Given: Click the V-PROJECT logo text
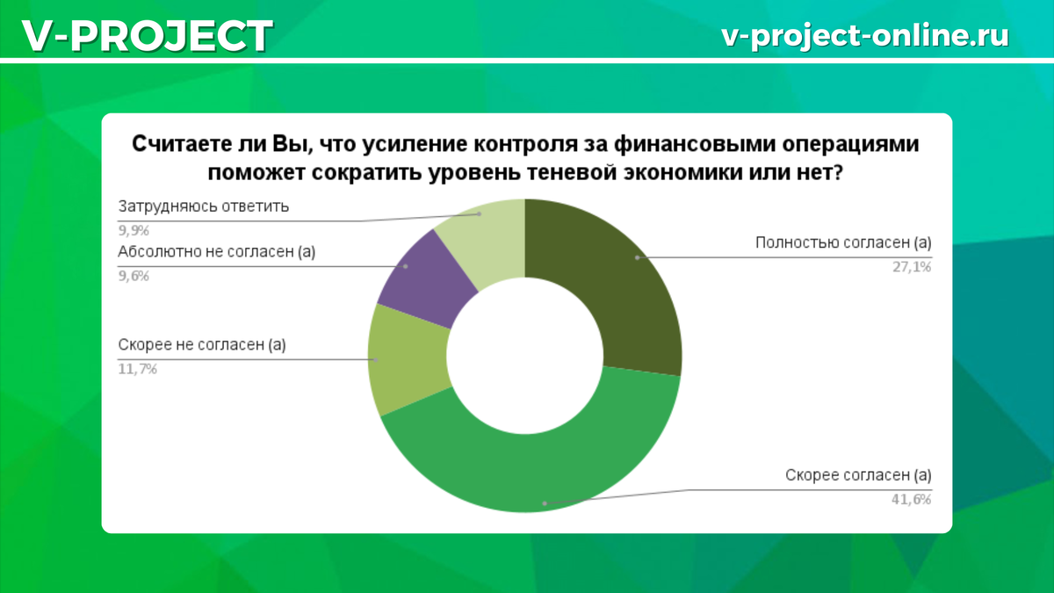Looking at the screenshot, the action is [x=148, y=36].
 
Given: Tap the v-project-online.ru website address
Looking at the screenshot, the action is [x=865, y=36].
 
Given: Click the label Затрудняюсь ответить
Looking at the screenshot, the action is [x=203, y=206].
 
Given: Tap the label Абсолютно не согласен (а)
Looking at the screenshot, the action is [x=216, y=252].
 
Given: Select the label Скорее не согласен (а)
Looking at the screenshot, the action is [x=202, y=345].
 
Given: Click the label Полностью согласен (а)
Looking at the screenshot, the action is [x=843, y=242].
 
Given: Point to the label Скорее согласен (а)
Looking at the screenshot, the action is [x=858, y=475].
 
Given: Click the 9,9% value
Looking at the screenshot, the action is [x=134, y=230].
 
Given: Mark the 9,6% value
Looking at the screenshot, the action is [x=134, y=276].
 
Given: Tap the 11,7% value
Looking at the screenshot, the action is [x=137, y=369].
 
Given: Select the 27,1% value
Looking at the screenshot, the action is [x=912, y=267].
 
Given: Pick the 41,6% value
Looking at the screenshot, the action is [x=912, y=499].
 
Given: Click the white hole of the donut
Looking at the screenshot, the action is [x=524, y=355].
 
